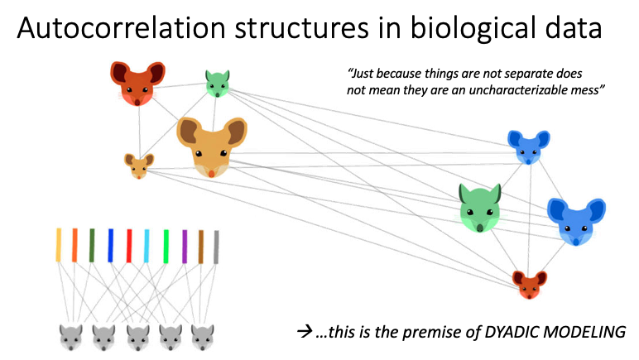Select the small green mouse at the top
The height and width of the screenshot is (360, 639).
217,84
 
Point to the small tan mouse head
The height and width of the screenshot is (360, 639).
137,165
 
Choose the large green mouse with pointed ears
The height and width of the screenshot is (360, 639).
481,208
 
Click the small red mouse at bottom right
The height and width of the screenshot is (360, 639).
529,284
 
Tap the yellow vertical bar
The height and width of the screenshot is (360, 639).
58,246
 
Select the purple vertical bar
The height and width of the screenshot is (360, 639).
185,246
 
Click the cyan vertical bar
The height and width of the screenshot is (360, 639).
147,246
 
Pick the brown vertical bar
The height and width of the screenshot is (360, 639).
201,246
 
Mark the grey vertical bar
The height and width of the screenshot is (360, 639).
217,246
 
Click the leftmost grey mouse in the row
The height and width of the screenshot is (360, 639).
70,336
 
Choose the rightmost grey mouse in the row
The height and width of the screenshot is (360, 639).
203,336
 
